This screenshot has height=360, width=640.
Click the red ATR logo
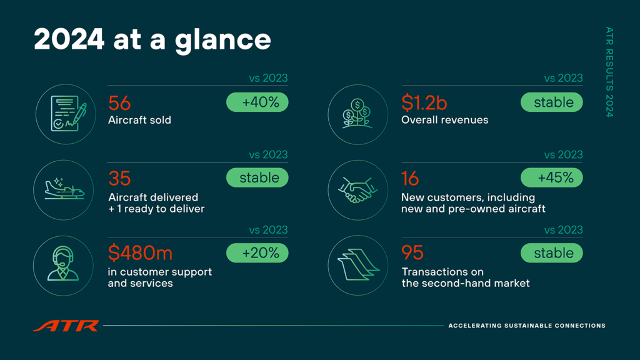[x=66, y=326]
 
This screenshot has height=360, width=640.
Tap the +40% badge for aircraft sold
[x=257, y=102]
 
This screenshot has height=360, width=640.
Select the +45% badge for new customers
[x=551, y=177]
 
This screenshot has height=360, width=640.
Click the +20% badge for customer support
[x=257, y=253]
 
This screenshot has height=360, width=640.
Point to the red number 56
[x=119, y=103]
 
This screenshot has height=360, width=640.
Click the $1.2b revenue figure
[x=424, y=102]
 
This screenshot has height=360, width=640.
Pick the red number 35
[x=119, y=178]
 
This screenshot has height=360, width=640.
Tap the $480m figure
[x=140, y=253]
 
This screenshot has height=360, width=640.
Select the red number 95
[x=412, y=253]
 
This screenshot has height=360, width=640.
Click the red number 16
[x=410, y=178]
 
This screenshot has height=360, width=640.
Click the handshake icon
[x=357, y=190]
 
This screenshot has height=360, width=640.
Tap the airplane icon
[x=64, y=189]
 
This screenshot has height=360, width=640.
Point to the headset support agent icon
[x=63, y=264]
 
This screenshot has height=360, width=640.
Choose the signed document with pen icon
[x=68, y=114]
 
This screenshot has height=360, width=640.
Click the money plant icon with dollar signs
[x=357, y=114]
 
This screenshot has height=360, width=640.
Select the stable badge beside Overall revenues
[x=551, y=102]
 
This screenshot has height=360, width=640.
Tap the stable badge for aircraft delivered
[x=257, y=177]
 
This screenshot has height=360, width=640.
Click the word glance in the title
[x=223, y=41]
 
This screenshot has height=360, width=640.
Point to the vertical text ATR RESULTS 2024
[x=609, y=72]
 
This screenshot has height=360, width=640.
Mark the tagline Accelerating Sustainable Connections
[x=527, y=326]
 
